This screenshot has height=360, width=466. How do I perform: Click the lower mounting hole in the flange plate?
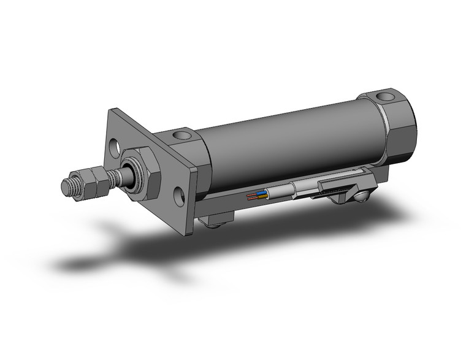(x=179, y=196)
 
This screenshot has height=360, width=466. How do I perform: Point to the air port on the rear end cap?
(x=384, y=96)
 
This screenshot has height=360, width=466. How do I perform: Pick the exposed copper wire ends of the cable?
(x=250, y=197)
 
